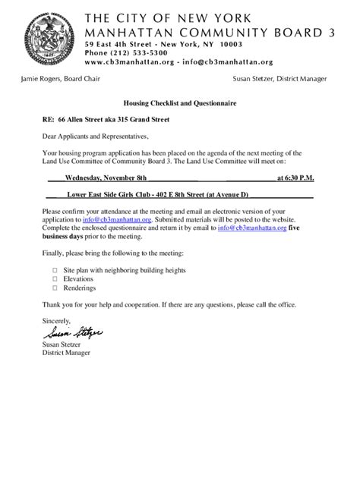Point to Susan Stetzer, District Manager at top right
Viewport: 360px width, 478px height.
[279, 79]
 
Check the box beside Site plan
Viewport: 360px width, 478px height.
[55, 270]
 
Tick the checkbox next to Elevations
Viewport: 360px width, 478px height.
[55, 279]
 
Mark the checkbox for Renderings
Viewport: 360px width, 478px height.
[55, 288]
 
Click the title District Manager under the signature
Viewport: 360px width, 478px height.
[66, 353]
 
